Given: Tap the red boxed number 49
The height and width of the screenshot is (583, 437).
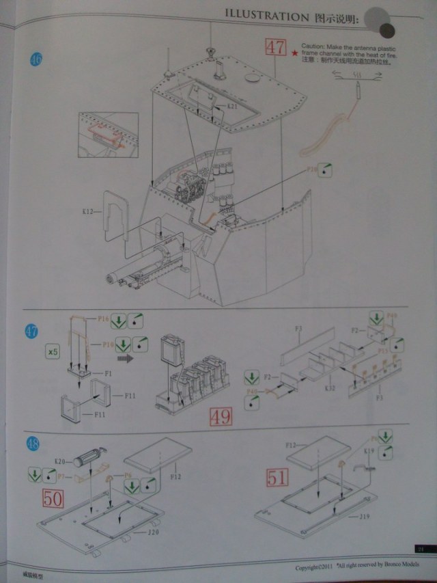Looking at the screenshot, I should click(x=220, y=416).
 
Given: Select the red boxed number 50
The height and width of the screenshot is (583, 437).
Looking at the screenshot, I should click(x=54, y=498).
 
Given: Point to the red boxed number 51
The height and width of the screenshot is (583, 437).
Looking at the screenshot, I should click(x=277, y=476).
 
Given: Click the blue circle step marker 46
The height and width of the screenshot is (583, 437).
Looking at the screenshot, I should click(x=36, y=59).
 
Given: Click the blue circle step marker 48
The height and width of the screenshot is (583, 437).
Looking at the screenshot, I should click(x=32, y=444).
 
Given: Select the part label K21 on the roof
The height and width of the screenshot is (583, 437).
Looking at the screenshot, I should click(x=231, y=107).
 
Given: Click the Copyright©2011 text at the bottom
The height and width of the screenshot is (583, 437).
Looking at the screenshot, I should click(x=315, y=567).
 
